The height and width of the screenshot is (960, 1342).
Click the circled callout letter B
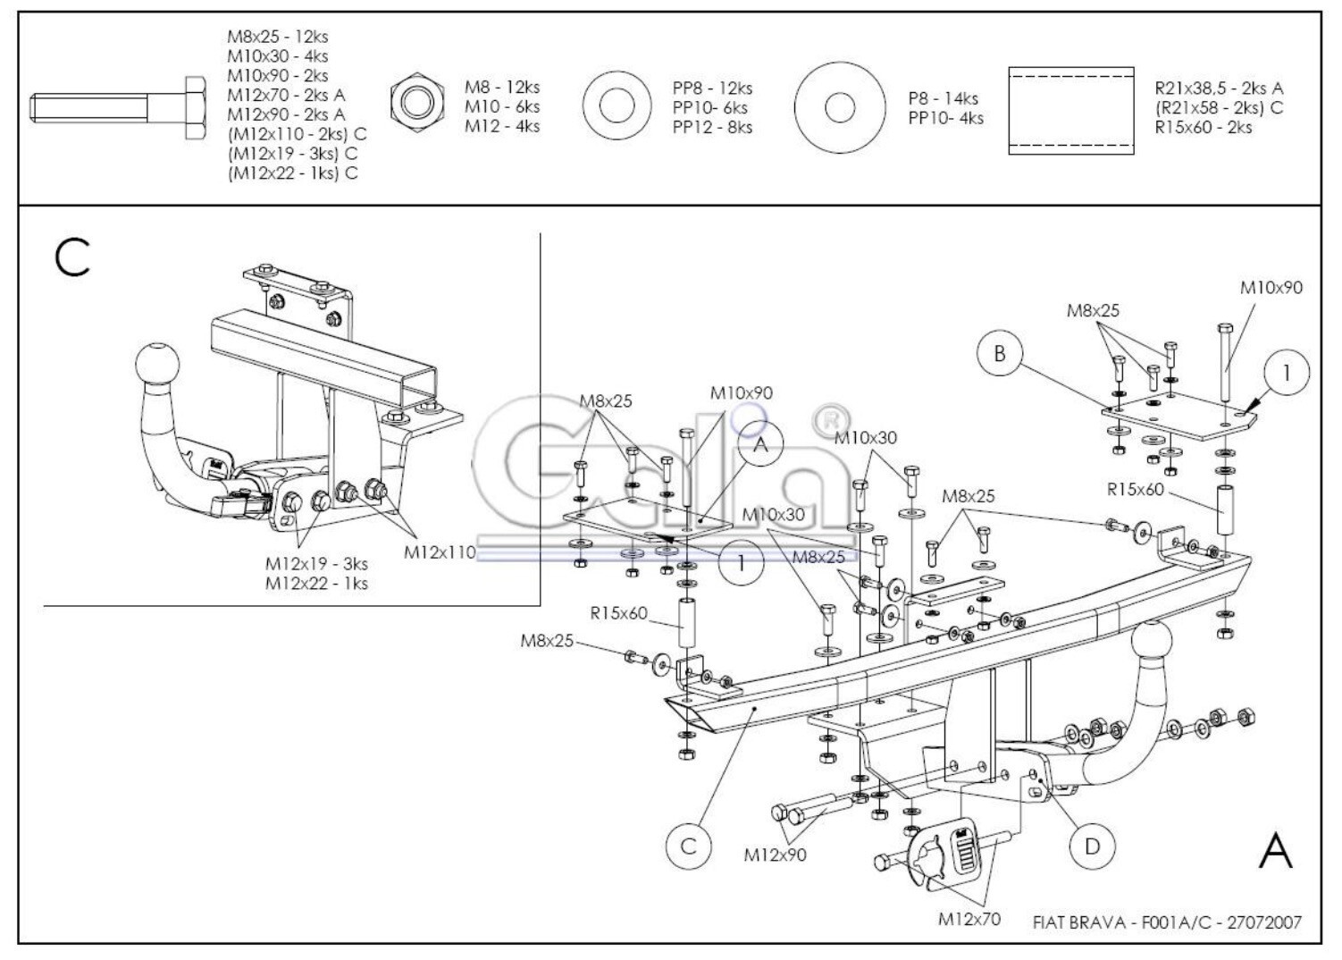pyautogui.click(x=999, y=354)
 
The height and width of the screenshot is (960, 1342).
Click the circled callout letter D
pyautogui.click(x=1092, y=846)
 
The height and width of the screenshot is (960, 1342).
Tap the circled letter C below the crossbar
pyautogui.click(x=688, y=846)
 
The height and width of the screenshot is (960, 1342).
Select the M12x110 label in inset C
pyautogui.click(x=440, y=552)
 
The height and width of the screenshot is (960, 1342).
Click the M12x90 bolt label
pyautogui.click(x=775, y=855)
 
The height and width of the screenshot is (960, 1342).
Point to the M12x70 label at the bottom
pyautogui.click(x=969, y=919)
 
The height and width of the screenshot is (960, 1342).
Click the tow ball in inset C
pyautogui.click(x=157, y=363)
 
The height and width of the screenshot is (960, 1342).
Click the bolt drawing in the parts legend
pyautogui.click(x=118, y=108)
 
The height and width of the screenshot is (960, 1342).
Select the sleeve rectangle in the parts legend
pyautogui.click(x=1071, y=111)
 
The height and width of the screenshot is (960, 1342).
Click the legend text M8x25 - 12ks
pyautogui.click(x=277, y=37)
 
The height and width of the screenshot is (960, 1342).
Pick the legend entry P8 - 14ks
pyautogui.click(x=943, y=98)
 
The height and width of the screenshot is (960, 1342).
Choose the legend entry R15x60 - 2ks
pyautogui.click(x=1204, y=127)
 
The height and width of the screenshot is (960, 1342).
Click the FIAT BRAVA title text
pyautogui.click(x=1078, y=922)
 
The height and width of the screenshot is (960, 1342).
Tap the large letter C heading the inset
pyautogui.click(x=71, y=257)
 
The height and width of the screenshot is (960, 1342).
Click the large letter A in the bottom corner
pyautogui.click(x=1276, y=851)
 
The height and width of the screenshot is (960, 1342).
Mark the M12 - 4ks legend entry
pyautogui.click(x=502, y=126)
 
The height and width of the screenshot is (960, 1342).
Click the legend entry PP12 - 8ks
pyautogui.click(x=712, y=127)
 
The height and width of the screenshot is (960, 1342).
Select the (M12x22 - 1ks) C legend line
pyautogui.click(x=293, y=173)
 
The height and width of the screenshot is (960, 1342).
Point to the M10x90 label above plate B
pyautogui.click(x=1271, y=288)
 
